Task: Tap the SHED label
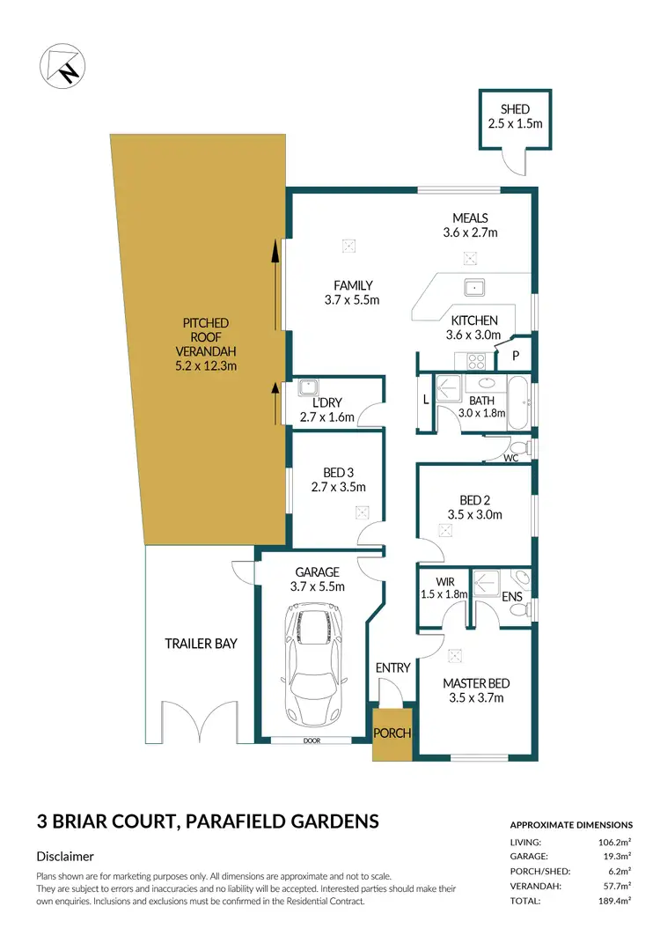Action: pyautogui.click(x=515, y=109)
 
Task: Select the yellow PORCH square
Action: pyautogui.click(x=392, y=733)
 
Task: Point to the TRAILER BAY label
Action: pyautogui.click(x=201, y=644)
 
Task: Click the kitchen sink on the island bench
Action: pyautogui.click(x=473, y=286)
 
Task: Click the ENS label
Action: pyautogui.click(x=512, y=597)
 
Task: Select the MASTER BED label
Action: pyautogui.click(x=475, y=683)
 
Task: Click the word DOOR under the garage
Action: pyautogui.click(x=312, y=740)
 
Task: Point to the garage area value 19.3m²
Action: pyautogui.click(x=615, y=856)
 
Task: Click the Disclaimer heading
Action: pyautogui.click(x=65, y=856)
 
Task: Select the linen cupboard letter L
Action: pyautogui.click(x=426, y=401)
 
